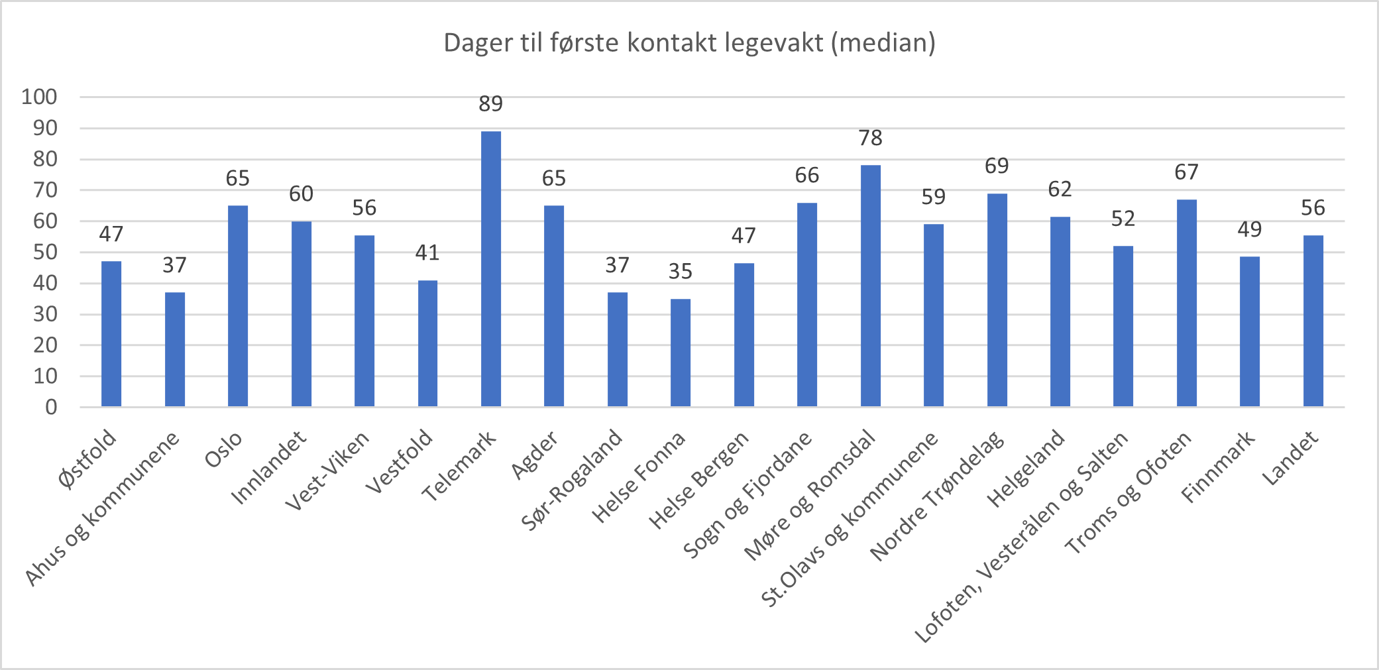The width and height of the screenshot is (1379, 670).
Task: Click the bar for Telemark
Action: tap(491, 268)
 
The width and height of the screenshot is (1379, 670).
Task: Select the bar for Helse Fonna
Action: tap(681, 353)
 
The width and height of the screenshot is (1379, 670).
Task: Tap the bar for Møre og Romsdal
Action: tap(870, 286)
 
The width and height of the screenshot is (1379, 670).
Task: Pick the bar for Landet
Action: tap(1313, 321)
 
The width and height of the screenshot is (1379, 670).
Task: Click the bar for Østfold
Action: tap(111, 333)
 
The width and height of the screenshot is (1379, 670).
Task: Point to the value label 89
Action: tap(491, 104)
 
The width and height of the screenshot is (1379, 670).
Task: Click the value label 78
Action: tap(870, 138)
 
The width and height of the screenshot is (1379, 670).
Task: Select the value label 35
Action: tap(681, 272)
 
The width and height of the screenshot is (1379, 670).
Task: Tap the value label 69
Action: tap(997, 166)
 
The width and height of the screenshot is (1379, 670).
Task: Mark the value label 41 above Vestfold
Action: tap(427, 252)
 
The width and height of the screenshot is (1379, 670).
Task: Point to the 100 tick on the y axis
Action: tap(40, 97)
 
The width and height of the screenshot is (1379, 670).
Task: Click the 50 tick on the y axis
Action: tap(45, 252)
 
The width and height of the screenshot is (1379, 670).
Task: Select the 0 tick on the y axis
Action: tap(51, 407)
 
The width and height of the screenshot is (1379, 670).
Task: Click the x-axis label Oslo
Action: tap(224, 450)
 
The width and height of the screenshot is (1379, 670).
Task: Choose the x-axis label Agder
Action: tap(535, 455)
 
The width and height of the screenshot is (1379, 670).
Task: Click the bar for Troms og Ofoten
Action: tap(1186, 303)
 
